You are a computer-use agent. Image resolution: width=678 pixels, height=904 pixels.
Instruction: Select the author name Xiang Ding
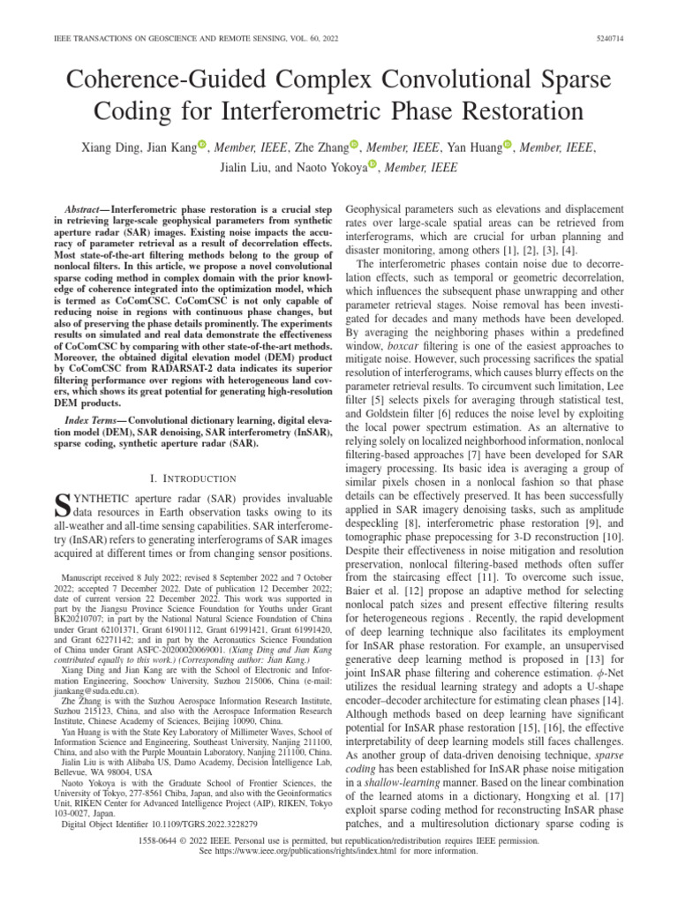tap(109, 147)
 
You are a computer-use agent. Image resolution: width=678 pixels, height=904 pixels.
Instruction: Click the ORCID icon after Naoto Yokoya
tap(373, 164)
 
